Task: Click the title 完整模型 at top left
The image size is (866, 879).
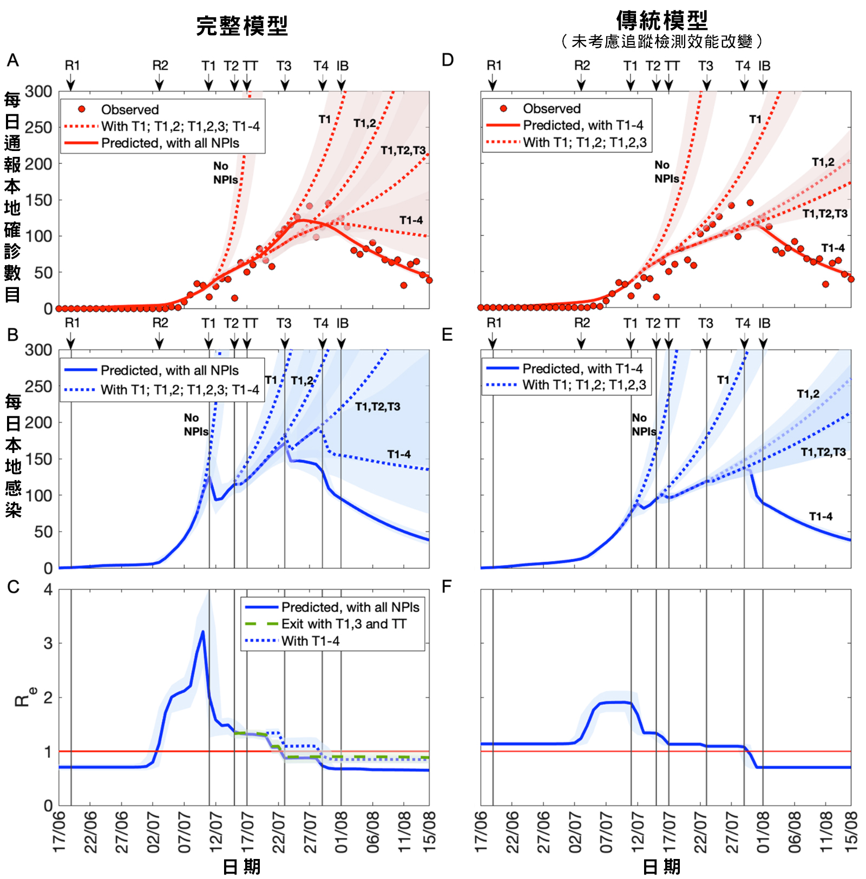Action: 241,26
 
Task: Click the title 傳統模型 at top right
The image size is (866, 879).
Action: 661,21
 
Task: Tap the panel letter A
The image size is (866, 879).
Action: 12,60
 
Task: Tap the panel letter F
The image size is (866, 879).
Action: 447,587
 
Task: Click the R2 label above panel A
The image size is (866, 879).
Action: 160,65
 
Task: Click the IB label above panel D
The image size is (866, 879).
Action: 764,65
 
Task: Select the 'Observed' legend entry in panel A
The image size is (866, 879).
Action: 129,110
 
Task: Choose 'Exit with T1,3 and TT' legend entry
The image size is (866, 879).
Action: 343,624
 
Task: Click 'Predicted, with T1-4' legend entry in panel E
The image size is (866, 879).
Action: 582,369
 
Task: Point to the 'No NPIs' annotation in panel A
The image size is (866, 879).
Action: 225,173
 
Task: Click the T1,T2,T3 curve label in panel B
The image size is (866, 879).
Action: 377,406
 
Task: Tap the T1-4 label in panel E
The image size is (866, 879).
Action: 821,516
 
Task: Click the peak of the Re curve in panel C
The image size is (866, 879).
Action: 203,632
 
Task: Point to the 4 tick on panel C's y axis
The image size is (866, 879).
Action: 48,589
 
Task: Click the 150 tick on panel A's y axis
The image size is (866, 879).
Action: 38,200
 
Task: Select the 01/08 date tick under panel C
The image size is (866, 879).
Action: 341,831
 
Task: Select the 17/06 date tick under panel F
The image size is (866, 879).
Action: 481,831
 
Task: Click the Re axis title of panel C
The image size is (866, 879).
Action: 24,697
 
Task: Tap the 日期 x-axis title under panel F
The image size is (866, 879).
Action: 661,867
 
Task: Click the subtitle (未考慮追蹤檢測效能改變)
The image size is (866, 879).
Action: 661,42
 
